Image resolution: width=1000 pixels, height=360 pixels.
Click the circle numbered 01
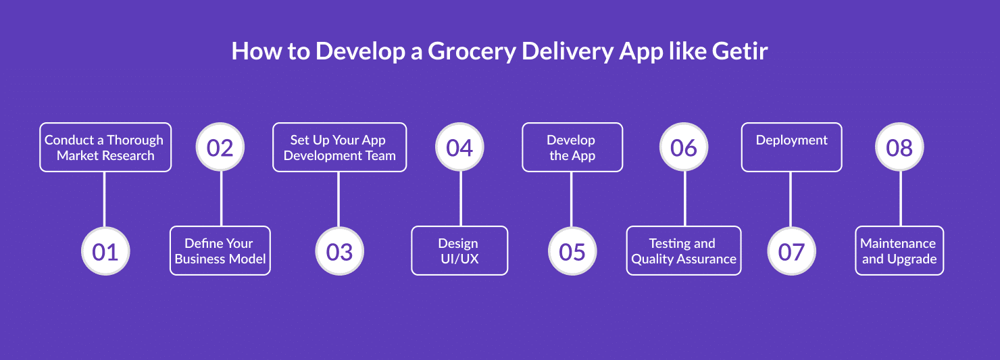point(105,251)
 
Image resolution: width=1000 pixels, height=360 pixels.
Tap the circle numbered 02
point(220,147)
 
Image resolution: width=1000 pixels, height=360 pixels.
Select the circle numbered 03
point(339,251)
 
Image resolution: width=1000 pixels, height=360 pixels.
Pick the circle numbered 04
point(459,147)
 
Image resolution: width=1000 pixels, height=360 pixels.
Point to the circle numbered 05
point(572,251)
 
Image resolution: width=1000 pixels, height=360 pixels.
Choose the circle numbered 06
point(684,147)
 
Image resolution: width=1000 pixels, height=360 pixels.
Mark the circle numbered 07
point(791,251)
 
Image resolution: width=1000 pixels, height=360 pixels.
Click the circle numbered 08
point(899,147)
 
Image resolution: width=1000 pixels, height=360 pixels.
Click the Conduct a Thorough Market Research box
point(105,147)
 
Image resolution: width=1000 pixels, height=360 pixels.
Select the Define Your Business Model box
point(220,251)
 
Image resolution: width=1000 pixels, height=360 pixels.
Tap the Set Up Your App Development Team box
point(339,147)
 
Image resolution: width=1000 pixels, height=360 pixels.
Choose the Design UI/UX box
point(459,251)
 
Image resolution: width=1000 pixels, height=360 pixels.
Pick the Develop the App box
point(572,147)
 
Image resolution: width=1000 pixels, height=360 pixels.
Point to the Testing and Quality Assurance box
point(684,251)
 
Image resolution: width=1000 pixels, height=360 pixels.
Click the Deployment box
point(791,147)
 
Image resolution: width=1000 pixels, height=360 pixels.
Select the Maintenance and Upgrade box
point(899,251)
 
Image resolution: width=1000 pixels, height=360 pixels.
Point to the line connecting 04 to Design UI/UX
point(460,199)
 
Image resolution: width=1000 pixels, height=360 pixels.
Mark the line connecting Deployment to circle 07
point(791,199)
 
